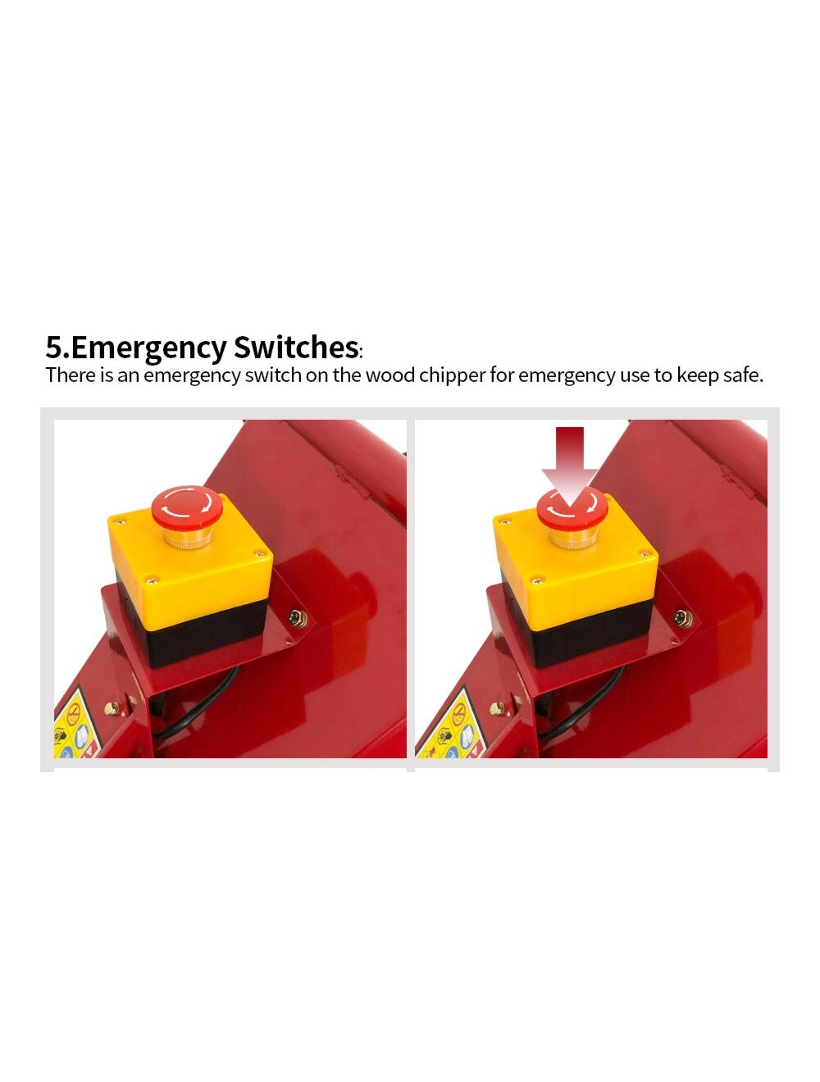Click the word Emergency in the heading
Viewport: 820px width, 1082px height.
click(149, 348)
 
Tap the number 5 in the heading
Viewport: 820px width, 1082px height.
click(54, 348)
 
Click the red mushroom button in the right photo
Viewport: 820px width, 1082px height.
click(572, 507)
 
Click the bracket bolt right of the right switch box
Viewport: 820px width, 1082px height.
click(683, 616)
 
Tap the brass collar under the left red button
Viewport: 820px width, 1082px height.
click(186, 538)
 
